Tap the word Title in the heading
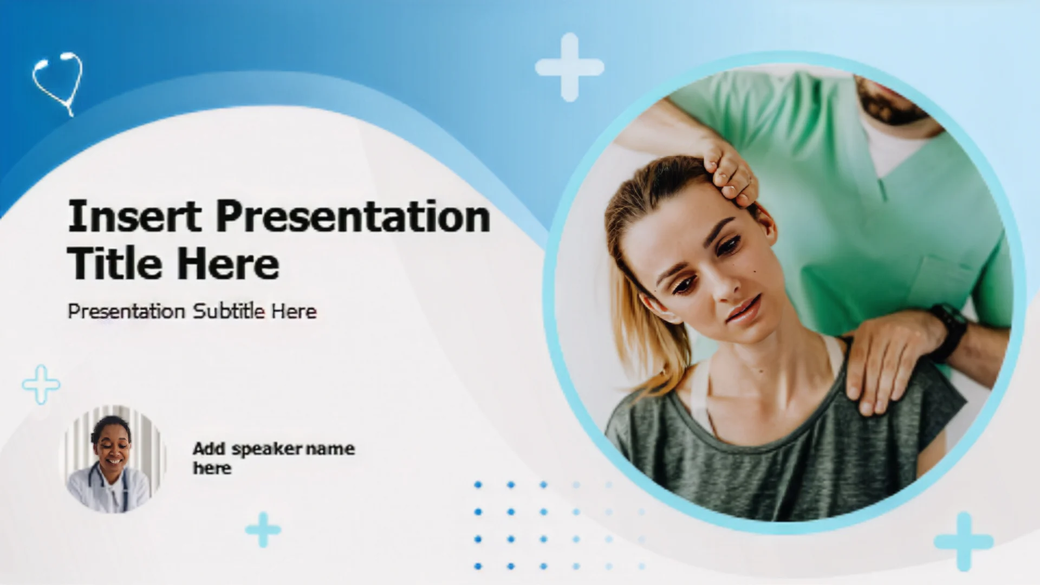tap(114, 263)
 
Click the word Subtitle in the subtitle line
tap(229, 311)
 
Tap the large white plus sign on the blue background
tap(569, 67)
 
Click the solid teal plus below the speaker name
tap(263, 529)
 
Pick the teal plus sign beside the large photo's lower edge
tap(964, 542)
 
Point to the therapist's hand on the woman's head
tap(729, 171)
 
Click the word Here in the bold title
tap(228, 263)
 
